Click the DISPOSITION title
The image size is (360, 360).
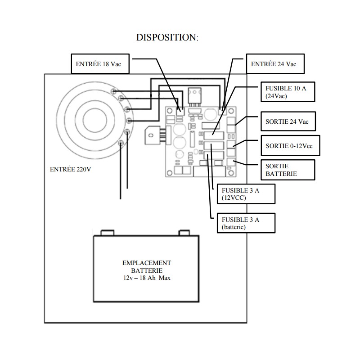coord(167,38)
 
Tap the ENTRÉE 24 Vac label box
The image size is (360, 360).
coord(274,64)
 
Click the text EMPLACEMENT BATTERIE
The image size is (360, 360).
coord(147,266)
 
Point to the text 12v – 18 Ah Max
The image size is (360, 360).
coord(147,278)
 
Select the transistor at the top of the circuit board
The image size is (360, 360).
coord(194,97)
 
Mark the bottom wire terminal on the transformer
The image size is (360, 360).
coord(121,143)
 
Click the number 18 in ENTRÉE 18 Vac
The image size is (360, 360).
coord(106,64)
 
